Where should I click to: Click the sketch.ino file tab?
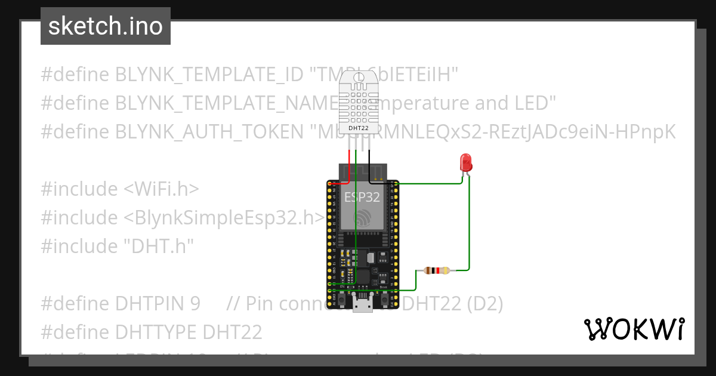click(x=106, y=26)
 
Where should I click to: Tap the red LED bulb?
click(x=465, y=163)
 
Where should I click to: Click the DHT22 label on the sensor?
click(x=357, y=128)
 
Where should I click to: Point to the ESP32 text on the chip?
click(x=362, y=198)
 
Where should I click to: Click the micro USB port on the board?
click(x=362, y=305)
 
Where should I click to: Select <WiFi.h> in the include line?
click(x=161, y=189)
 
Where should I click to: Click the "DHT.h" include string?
click(x=161, y=246)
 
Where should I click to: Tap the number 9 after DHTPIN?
click(x=195, y=304)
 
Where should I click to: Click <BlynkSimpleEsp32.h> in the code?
click(x=225, y=218)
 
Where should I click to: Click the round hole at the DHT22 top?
click(x=358, y=78)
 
